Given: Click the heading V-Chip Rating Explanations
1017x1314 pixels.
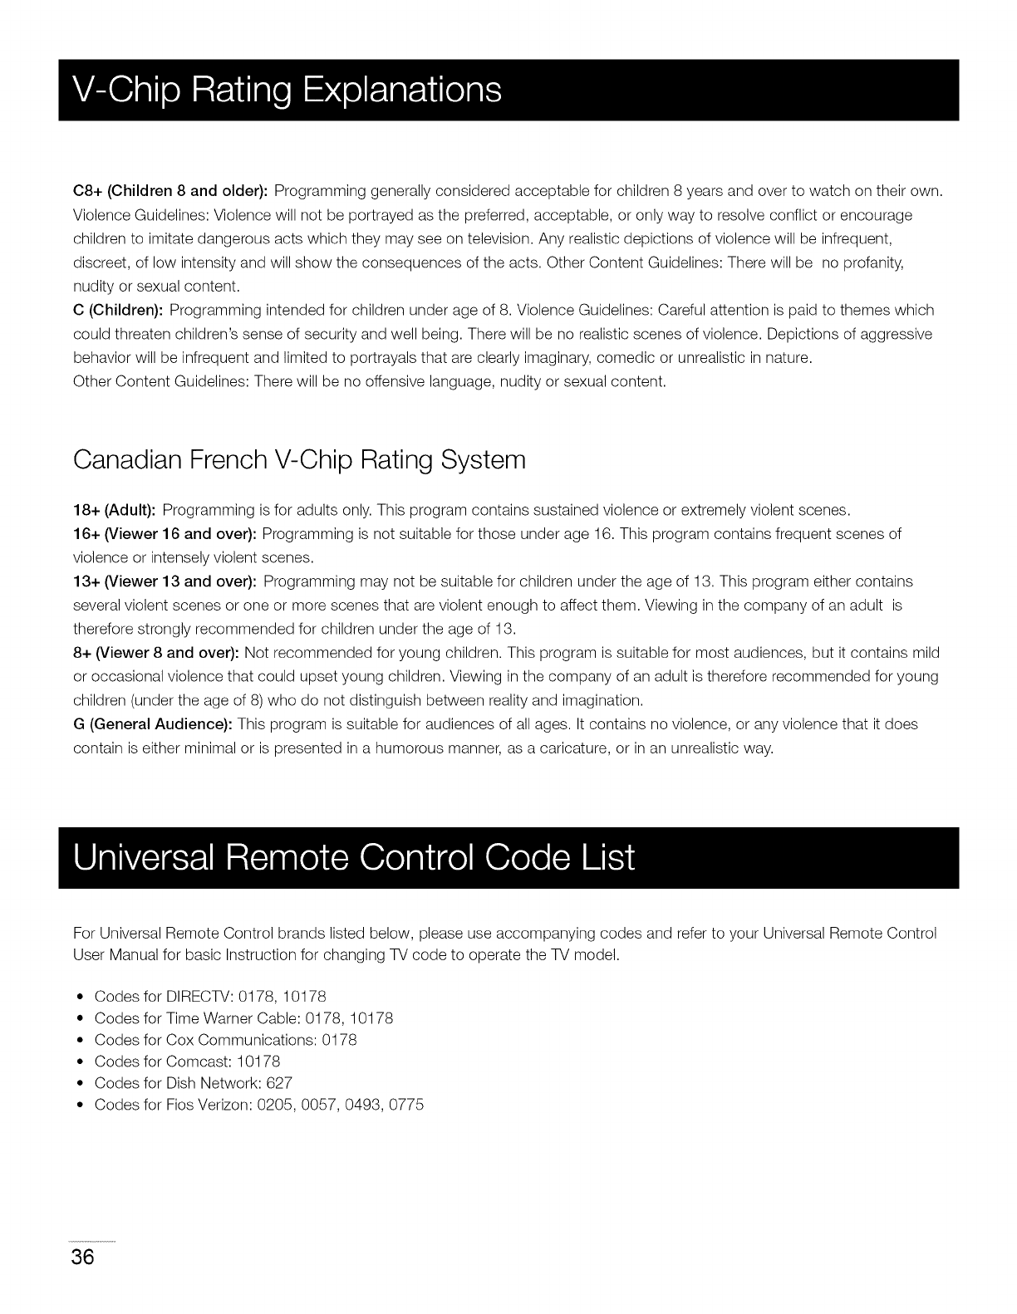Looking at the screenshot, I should [287, 90].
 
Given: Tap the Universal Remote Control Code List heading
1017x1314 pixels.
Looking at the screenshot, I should [354, 857].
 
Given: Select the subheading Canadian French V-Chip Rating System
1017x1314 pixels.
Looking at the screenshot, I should [299, 459].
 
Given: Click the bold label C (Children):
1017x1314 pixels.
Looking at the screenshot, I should [119, 311].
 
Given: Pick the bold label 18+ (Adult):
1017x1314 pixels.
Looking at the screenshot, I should [115, 509].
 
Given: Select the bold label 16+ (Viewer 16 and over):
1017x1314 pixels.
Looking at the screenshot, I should [165, 533].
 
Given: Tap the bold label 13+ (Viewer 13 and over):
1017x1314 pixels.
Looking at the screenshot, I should [165, 581].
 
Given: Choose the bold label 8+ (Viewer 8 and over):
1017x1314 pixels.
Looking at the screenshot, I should [156, 653].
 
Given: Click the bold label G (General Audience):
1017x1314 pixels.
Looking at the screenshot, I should [152, 724].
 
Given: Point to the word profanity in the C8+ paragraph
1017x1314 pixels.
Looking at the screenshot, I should [873, 263].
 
